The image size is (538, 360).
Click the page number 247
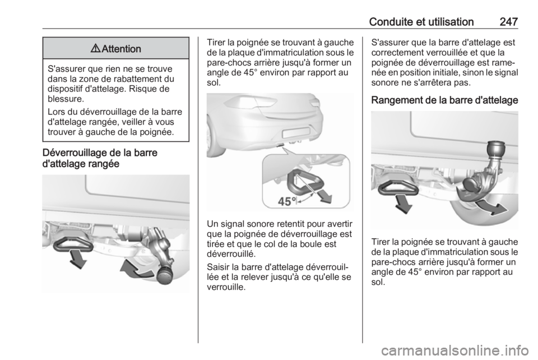pyautogui.click(x=508, y=22)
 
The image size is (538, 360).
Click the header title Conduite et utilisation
pyautogui.click(x=421, y=22)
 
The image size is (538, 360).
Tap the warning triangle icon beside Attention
pyautogui.click(x=95, y=48)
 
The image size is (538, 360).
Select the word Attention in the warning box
pyautogui.click(x=122, y=49)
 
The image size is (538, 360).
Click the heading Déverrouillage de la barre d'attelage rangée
pyautogui.click(x=100, y=158)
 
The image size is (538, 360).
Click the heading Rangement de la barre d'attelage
pyautogui.click(x=444, y=100)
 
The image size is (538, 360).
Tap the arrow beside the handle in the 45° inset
pyautogui.click(x=323, y=196)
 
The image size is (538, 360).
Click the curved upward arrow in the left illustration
pyautogui.click(x=136, y=269)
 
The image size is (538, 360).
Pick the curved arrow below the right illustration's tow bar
pyautogui.click(x=491, y=207)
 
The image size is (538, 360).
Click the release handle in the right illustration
pyautogui.click(x=398, y=188)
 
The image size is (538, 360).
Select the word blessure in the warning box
pyautogui.click(x=65, y=99)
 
